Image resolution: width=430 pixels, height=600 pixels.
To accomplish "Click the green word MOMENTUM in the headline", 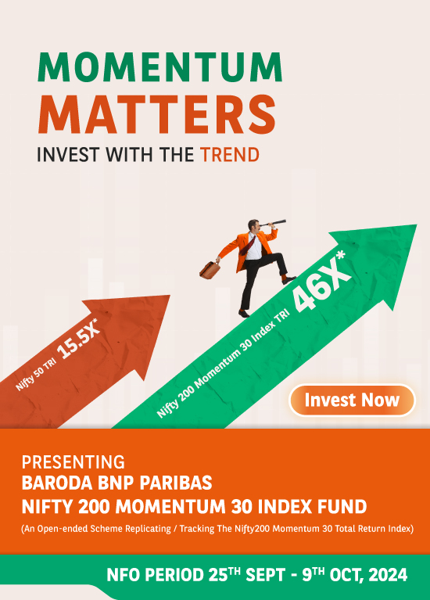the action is [x=160, y=67].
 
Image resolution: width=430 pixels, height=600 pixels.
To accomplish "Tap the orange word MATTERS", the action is [x=157, y=114].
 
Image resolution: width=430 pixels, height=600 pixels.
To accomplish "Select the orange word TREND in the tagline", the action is [x=230, y=155].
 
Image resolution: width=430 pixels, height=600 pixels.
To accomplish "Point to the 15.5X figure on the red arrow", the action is [x=79, y=339].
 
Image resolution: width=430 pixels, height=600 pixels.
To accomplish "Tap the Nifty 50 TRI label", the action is [x=36, y=375].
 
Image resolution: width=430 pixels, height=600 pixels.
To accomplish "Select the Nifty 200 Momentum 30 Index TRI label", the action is [x=223, y=364].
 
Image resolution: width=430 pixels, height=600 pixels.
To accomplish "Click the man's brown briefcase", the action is [x=210, y=270].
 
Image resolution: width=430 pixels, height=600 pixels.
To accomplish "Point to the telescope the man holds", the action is [x=273, y=223].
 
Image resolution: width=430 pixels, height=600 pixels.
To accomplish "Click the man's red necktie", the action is [x=248, y=246].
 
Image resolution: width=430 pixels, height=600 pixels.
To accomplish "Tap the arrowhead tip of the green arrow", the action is [x=416, y=225].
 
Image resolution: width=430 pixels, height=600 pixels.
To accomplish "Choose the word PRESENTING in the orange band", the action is [x=73, y=462].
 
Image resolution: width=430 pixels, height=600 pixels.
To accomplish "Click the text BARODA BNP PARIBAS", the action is [x=116, y=483].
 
